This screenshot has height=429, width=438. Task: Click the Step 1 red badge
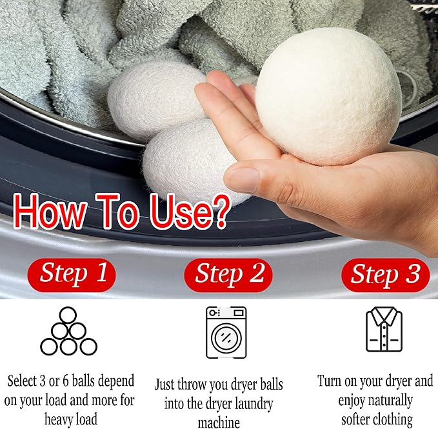point(72,273)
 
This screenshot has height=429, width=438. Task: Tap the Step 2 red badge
point(229,274)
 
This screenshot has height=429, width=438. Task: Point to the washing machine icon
point(226,332)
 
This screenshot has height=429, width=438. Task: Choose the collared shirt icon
point(384,330)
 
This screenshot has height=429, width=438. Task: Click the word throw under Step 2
point(197,384)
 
